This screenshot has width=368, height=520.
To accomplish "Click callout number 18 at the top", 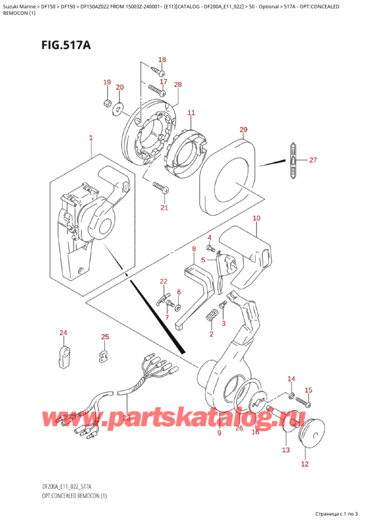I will coord(162,59).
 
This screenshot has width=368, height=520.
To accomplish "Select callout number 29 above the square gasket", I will coord(243,129).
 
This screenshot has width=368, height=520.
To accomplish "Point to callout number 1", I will coord(91,138).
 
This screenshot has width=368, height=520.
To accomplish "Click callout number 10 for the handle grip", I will coord(256,218).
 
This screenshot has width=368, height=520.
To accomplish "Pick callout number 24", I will coord(63,333).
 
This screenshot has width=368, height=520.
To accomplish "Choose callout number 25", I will coord(105,337).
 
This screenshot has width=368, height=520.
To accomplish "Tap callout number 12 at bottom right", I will coord(305,464).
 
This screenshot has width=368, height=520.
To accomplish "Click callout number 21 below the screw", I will coord(164,208).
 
